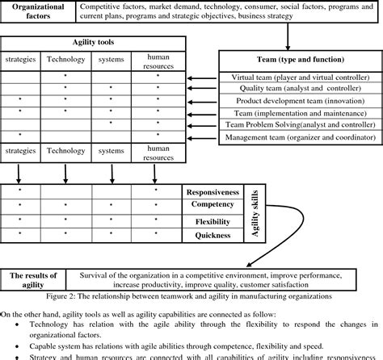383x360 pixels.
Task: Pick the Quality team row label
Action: tap(298, 90)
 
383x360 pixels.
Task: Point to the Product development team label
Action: tap(298, 101)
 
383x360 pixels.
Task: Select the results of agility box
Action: tap(39, 280)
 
